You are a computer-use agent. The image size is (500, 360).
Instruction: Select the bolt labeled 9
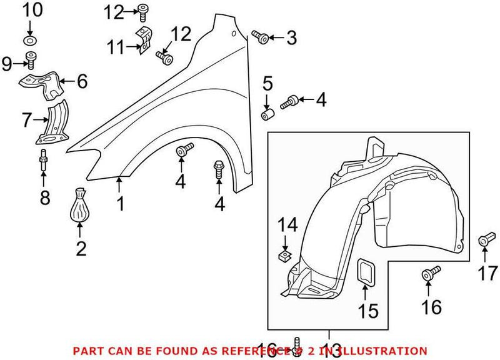[x=30, y=61]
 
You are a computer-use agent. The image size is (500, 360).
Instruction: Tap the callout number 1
[x=119, y=203]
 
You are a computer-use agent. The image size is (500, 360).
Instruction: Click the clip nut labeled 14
[x=285, y=255]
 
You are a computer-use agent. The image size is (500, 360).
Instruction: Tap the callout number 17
[x=488, y=272]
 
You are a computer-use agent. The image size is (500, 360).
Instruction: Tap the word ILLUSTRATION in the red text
[x=383, y=351]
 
